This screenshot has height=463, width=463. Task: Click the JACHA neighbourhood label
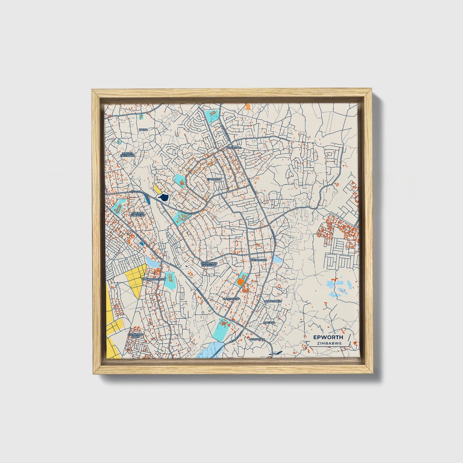[x=143, y=129]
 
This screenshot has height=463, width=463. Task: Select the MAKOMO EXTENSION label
[x=138, y=214]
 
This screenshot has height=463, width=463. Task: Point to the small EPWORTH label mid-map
[x=214, y=179]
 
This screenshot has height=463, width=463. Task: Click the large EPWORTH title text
[x=328, y=337]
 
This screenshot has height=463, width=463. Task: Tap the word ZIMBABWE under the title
[x=328, y=343]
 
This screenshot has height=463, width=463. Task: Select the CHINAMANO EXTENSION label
[x=209, y=264]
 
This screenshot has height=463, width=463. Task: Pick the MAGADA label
[x=269, y=322]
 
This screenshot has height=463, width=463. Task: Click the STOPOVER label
[x=258, y=339]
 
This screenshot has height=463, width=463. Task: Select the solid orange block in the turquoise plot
[x=240, y=282]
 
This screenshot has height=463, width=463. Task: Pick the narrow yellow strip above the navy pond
[x=157, y=188]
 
